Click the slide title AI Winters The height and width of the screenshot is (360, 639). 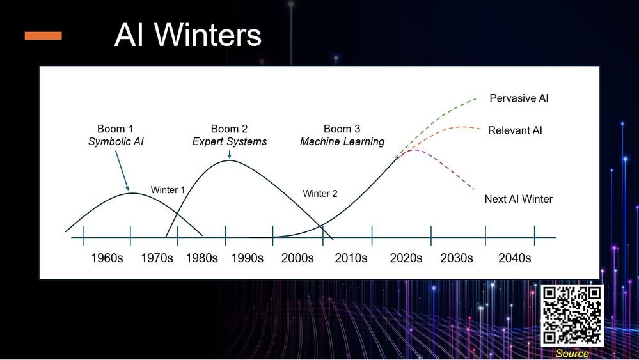188,35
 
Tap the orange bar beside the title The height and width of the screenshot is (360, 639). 43,36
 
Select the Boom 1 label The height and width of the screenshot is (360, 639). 115,129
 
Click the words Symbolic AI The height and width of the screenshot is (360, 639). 116,142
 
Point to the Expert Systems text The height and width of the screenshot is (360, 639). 230,142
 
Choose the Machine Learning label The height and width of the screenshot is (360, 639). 342,142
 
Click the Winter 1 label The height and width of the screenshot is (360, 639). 168,190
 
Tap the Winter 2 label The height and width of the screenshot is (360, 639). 320,194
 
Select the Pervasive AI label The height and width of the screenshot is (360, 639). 519,98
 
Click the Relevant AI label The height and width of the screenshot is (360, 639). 515,130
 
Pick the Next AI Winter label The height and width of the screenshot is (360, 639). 518,199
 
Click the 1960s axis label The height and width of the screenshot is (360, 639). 107,258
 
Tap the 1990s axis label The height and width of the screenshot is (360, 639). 248,258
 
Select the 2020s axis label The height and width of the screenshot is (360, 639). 406,258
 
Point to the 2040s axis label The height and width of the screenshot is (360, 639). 515,258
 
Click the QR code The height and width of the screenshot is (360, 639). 572,316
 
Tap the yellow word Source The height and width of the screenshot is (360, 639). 572,354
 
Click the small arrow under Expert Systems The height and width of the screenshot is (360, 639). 230,154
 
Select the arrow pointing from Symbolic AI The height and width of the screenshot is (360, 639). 122,171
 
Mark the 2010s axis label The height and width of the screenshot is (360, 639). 351,258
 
